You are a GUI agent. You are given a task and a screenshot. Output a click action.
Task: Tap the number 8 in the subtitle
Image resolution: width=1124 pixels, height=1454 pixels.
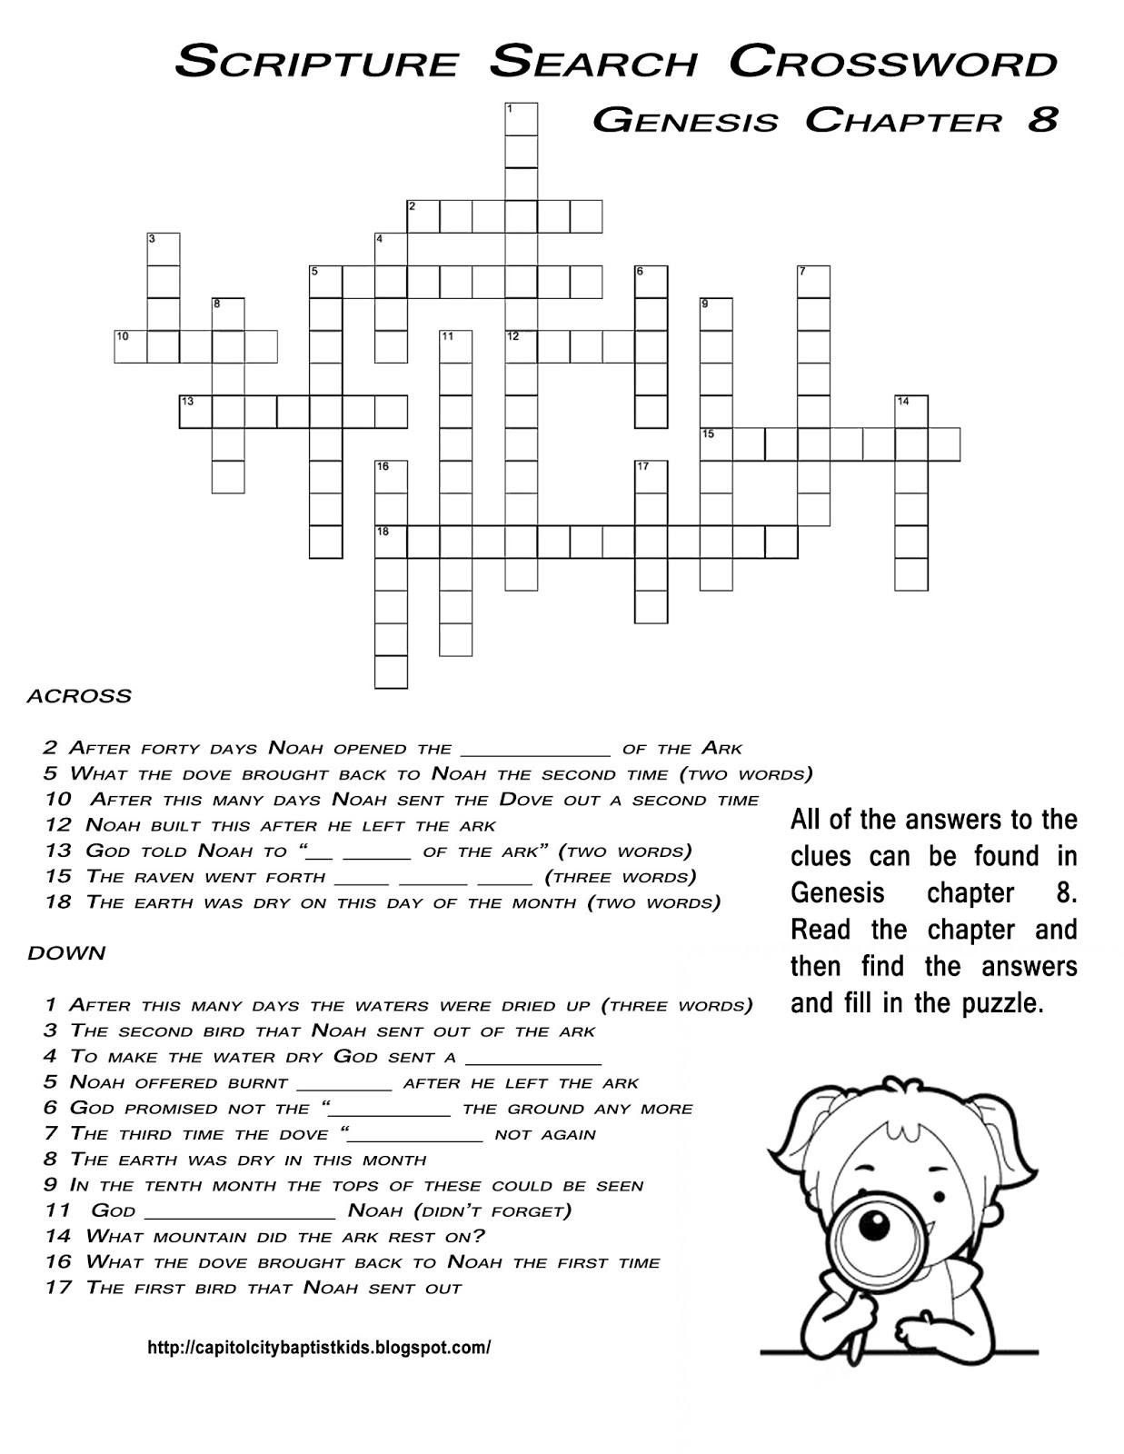[1043, 120]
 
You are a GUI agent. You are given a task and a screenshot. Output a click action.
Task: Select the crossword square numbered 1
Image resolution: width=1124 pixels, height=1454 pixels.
[522, 119]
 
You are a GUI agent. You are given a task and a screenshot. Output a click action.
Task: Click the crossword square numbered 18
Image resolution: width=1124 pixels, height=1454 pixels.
[392, 542]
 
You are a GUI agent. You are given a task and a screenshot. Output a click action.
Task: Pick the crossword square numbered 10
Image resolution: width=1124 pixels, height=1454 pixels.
[131, 347]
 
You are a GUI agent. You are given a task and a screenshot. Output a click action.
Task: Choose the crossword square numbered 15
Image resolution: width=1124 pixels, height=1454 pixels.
[717, 444]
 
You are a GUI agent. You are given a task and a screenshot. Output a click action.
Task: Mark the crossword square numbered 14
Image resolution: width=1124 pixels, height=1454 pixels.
[911, 412]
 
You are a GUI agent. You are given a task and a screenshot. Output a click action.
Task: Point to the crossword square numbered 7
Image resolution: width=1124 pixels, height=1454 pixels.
[814, 282]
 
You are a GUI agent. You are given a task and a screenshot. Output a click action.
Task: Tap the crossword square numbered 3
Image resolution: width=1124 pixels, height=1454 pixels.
[164, 249]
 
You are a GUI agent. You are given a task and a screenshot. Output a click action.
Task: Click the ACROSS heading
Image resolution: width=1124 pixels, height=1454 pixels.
[79, 696]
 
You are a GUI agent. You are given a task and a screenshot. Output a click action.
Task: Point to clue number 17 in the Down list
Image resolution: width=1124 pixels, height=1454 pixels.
[58, 1288]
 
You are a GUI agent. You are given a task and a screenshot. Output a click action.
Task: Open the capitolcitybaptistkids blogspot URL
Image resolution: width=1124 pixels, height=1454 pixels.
[319, 1348]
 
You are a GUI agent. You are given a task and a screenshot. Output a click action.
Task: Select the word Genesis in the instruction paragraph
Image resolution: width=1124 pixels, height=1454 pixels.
[837, 893]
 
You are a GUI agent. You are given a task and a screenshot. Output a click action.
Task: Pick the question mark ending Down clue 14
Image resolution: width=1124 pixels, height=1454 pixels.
[479, 1236]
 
